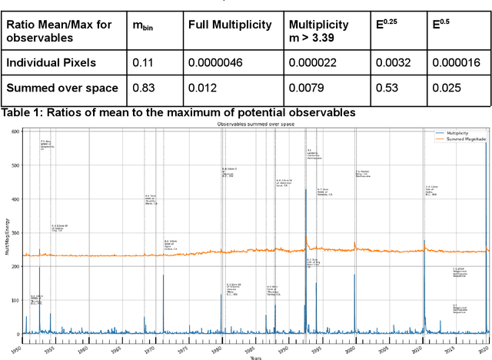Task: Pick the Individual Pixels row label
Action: click(x=52, y=63)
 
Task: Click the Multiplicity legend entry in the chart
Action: click(x=458, y=132)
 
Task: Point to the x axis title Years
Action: click(x=254, y=357)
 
